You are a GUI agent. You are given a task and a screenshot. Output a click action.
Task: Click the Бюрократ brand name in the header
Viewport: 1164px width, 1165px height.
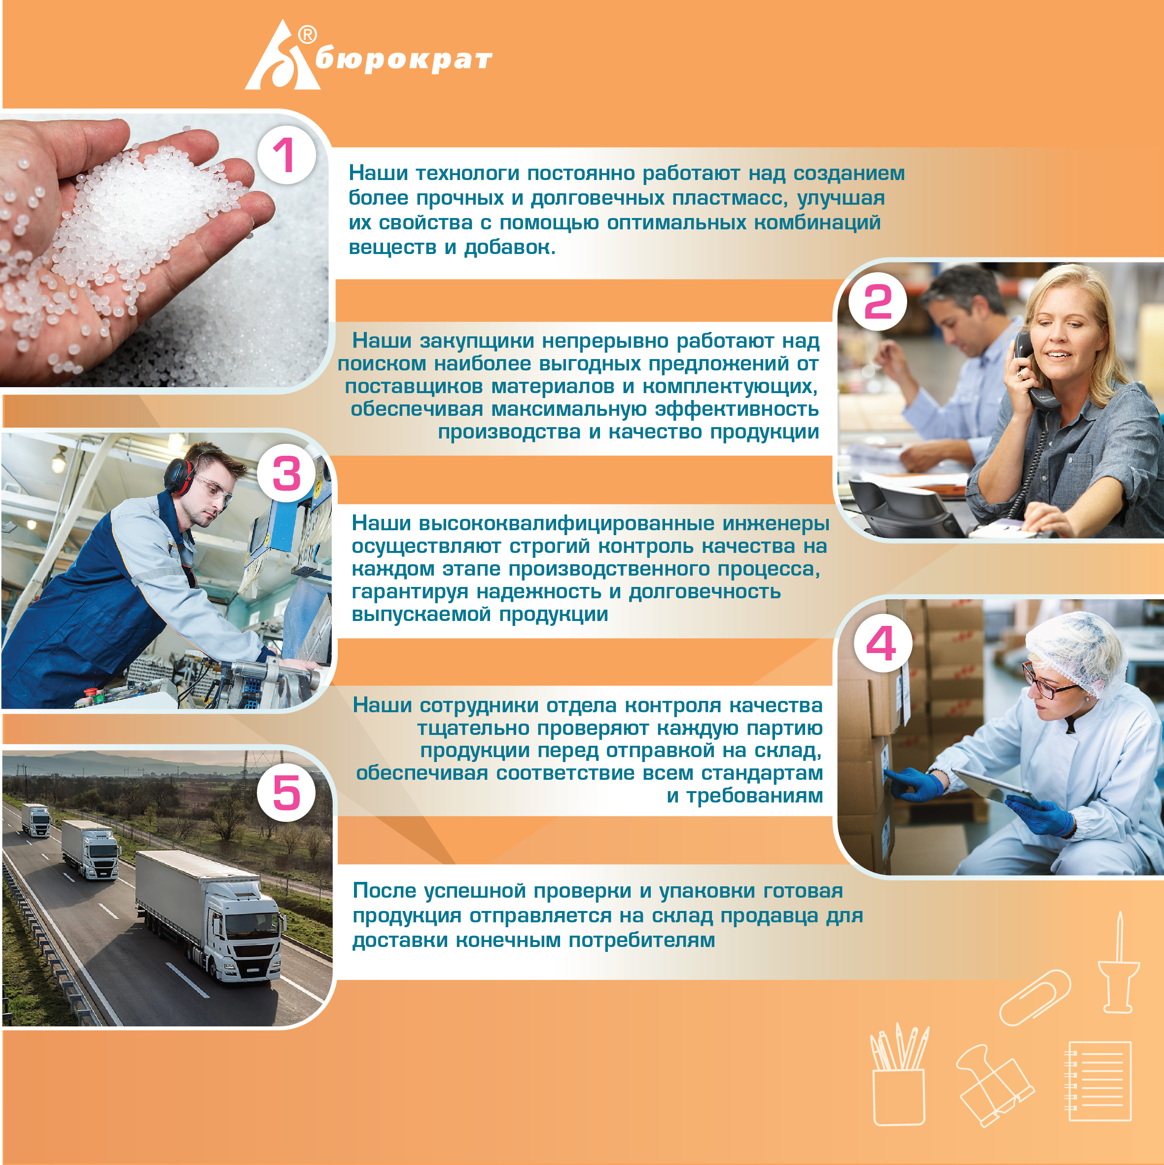pos(403,60)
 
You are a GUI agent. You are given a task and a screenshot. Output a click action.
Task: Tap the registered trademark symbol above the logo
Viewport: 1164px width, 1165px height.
pos(308,35)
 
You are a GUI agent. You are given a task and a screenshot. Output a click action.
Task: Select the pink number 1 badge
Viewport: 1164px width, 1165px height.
pos(286,155)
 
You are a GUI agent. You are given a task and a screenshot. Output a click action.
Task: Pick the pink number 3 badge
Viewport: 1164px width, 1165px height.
pos(286,474)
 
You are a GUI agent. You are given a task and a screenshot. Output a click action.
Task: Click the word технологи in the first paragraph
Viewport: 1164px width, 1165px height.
pos(467,174)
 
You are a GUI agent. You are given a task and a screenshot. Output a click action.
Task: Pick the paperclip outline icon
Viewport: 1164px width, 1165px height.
pos(1035,997)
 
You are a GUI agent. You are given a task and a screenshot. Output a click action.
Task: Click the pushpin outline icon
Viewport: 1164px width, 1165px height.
pos(1118,962)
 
